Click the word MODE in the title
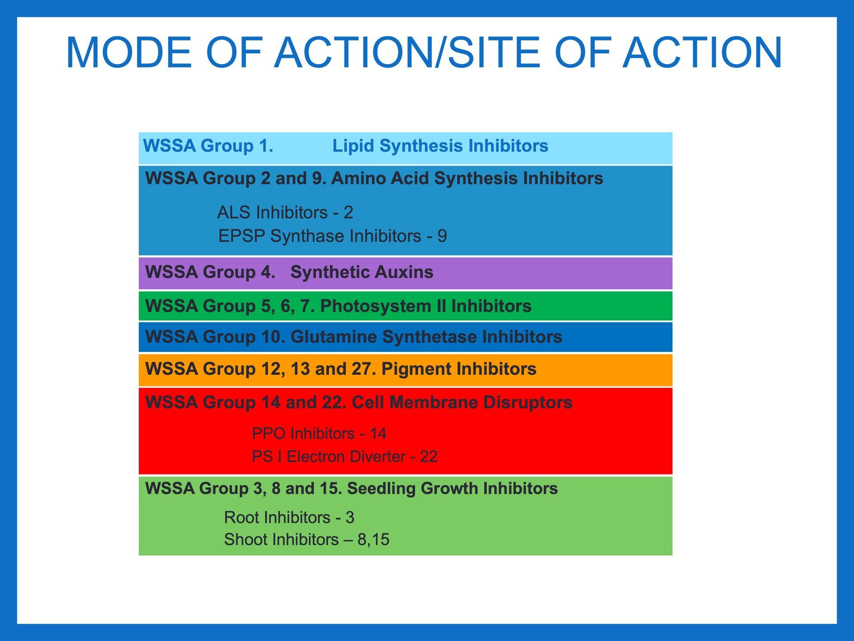[x=129, y=53]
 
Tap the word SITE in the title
[x=494, y=53]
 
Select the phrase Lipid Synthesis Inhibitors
[x=440, y=146]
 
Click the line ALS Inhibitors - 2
[x=285, y=212]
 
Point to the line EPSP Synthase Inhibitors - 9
[x=333, y=236]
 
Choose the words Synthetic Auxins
[x=362, y=272]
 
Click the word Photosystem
[x=376, y=306]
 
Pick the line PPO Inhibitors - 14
[x=319, y=433]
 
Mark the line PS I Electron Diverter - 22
[x=345, y=456]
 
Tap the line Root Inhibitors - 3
[x=289, y=517]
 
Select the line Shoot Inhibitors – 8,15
[x=307, y=540]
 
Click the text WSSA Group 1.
[x=208, y=146]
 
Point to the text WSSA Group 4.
[x=210, y=272]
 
